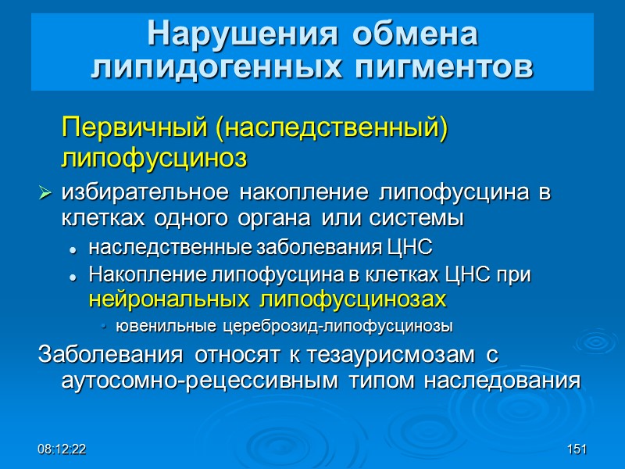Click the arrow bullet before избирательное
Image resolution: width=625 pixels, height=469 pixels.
pyautogui.click(x=45, y=192)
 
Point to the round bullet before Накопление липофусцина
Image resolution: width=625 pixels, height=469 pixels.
pyautogui.click(x=73, y=276)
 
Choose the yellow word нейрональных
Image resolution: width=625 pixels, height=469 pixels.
pyautogui.click(x=170, y=299)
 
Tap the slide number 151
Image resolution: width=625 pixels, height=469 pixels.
pyautogui.click(x=577, y=449)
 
